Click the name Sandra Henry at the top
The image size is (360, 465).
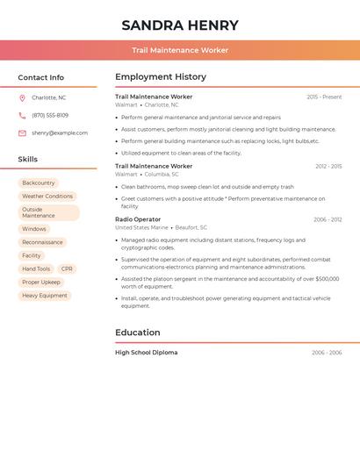tap(180, 25)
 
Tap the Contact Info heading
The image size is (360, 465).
tap(41, 77)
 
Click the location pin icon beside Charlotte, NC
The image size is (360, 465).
tap(22, 98)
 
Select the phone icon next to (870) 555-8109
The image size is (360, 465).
tap(22, 116)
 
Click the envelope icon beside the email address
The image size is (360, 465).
tap(22, 133)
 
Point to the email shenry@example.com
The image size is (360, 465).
tap(60, 133)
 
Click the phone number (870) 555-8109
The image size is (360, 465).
tap(50, 116)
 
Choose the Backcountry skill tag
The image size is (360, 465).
tap(39, 182)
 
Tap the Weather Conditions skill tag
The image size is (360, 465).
tap(47, 197)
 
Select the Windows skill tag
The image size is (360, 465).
tap(34, 229)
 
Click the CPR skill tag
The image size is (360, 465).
tap(68, 269)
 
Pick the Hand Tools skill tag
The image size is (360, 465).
tap(36, 269)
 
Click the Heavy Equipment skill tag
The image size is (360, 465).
tap(45, 296)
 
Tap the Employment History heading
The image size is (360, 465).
tap(161, 77)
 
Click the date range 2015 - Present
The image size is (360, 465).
tap(324, 97)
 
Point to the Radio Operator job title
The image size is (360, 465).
tap(138, 219)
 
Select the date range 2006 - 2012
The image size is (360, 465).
tap(328, 219)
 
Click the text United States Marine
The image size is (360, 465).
tap(141, 227)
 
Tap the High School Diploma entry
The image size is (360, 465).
tap(146, 353)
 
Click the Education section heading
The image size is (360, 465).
tap(138, 333)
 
